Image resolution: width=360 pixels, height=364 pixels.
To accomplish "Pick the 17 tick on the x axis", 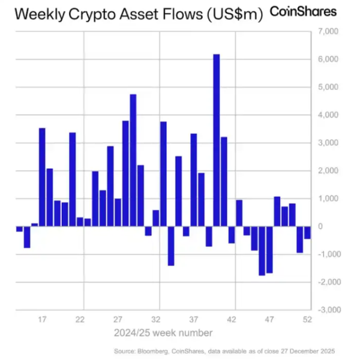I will click(43, 320).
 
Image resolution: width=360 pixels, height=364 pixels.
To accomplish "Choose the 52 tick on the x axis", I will click(307, 320).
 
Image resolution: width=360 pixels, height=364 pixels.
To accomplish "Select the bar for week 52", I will click(307, 232).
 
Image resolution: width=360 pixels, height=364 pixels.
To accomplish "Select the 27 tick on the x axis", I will click(118, 320).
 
